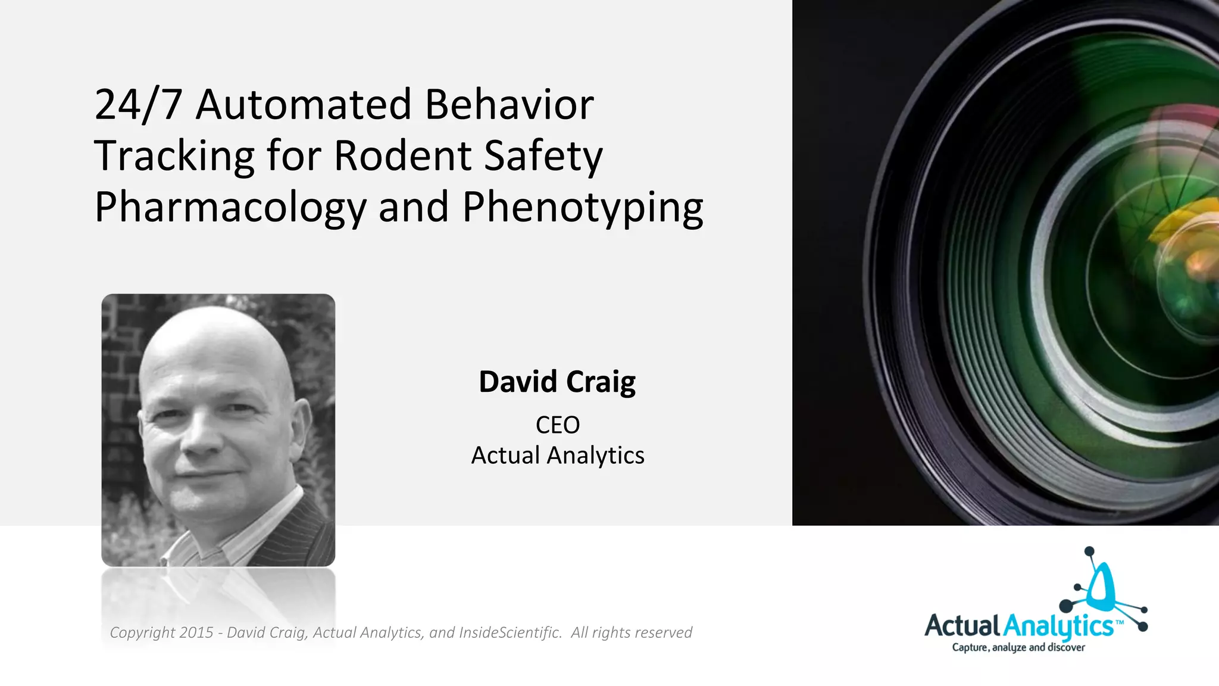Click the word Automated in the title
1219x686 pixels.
(x=304, y=104)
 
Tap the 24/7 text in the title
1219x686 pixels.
(x=138, y=105)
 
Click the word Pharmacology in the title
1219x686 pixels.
(x=230, y=207)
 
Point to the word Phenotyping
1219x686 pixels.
(x=583, y=207)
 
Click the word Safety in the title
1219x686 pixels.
(x=543, y=156)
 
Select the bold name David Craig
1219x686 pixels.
(x=557, y=382)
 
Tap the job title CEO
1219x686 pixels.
(x=557, y=425)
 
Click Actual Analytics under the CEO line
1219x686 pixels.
(x=557, y=456)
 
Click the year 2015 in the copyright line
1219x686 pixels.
(x=196, y=632)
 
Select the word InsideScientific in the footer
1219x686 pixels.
(x=510, y=632)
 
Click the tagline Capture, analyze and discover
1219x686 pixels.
(x=1018, y=647)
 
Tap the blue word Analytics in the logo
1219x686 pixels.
(x=1058, y=626)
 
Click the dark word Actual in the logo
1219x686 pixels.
(x=962, y=626)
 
